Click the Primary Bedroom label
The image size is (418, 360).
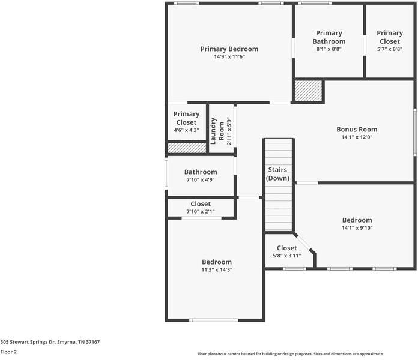(229, 49)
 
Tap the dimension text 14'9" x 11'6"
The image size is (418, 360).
(229, 57)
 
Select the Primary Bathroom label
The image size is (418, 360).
(329, 37)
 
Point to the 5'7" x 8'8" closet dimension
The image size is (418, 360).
(390, 49)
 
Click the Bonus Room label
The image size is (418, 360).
(357, 129)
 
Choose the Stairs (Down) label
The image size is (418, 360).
(278, 174)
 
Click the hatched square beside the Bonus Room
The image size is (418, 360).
(308, 91)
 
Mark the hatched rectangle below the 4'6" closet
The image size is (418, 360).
(187, 148)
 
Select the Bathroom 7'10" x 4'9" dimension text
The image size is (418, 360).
(201, 179)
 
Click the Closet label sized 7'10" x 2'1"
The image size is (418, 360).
(201, 204)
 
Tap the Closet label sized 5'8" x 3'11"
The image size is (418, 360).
(287, 248)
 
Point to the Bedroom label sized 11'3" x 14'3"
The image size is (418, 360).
(217, 262)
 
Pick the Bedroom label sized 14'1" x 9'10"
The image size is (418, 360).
(357, 220)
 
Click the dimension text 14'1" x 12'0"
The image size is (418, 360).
(357, 137)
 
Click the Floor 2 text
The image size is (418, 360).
(8, 352)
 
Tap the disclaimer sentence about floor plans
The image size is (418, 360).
(291, 354)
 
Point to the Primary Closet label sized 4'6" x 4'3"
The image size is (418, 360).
(187, 118)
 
